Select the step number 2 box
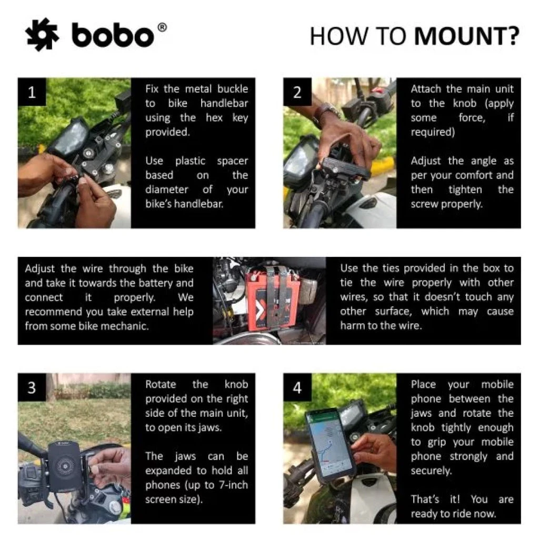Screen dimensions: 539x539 tap(297, 93)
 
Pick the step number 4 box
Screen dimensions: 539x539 tap(297, 388)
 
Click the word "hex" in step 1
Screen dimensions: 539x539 tap(214, 118)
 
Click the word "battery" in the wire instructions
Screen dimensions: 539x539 tap(158, 283)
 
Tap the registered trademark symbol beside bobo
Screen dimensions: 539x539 tap(162, 28)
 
